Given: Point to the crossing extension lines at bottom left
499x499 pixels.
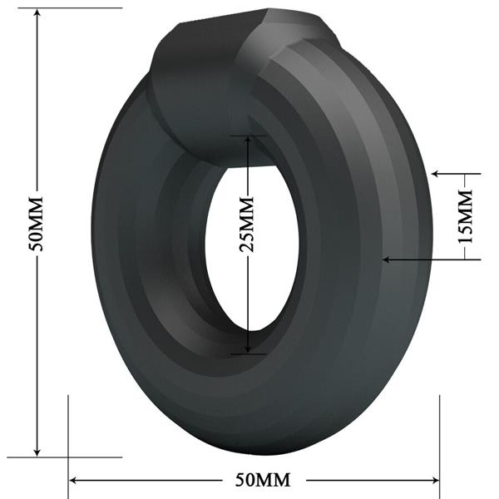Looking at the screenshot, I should tap(68, 457).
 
